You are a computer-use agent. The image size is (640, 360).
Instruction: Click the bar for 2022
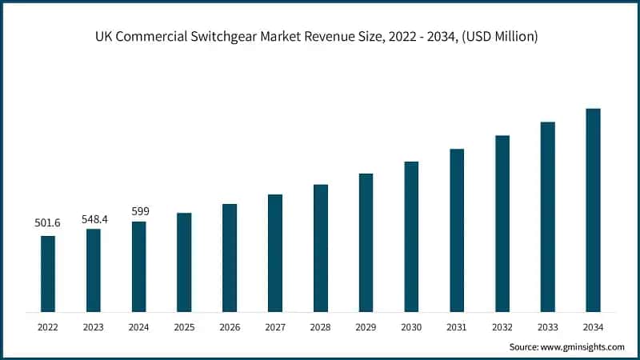pos(48,274)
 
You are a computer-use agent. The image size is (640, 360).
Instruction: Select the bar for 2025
pos(184,262)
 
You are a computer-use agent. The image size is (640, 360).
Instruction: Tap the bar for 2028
pos(321,248)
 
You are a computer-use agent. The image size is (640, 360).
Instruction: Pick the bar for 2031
pos(457,230)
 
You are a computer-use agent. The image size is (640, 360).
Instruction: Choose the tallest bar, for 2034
pos(593,210)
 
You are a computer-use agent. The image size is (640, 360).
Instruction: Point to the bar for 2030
pos(411,237)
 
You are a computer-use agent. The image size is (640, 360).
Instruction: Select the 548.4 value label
pos(94,218)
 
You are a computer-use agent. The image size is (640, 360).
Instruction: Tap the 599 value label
pos(139,211)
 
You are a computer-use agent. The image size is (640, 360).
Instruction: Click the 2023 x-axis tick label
pos(94,326)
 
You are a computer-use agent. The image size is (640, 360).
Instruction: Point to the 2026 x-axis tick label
pos(230,326)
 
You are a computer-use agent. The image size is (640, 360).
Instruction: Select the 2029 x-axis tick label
pos(366,326)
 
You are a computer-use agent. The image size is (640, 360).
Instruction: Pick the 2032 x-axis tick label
pos(502,326)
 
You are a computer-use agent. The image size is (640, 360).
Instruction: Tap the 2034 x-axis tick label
pos(593,326)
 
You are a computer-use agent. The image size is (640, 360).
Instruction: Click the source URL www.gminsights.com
pos(582,346)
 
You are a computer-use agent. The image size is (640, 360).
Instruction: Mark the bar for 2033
pos(547,217)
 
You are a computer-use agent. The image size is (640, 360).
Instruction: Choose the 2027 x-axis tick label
pos(275,326)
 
